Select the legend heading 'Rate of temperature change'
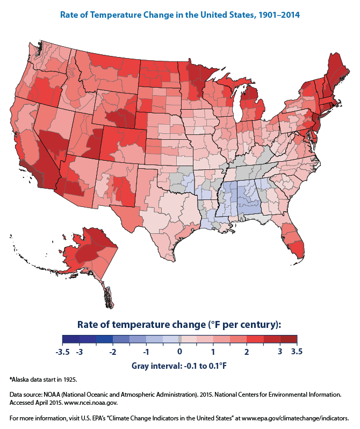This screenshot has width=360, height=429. pos(179,324)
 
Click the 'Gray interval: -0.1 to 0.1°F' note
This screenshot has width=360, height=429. pos(179,366)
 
